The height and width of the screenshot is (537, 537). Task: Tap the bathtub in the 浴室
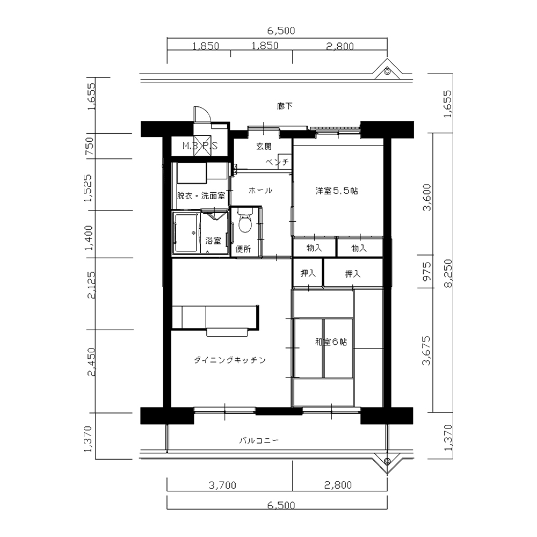click(186, 233)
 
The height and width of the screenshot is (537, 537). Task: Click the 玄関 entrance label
click(264, 147)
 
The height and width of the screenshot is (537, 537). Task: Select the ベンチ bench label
click(277, 162)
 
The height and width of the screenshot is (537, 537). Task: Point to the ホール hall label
click(260, 191)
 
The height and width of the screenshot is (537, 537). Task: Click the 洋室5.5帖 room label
click(337, 191)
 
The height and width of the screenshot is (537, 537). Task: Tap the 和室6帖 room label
click(331, 342)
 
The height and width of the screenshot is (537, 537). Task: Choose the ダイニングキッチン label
click(230, 360)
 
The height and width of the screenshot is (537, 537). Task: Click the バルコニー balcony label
click(259, 440)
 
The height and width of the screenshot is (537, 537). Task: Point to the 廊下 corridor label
click(285, 106)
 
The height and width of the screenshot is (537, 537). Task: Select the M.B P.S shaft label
click(200, 146)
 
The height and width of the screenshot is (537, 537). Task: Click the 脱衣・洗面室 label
click(201, 196)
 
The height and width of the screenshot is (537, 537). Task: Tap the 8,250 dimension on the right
click(448, 273)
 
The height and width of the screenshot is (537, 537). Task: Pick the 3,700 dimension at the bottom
click(223, 485)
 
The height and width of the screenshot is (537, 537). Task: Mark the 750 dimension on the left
click(89, 146)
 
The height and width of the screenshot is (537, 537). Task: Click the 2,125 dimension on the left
click(91, 285)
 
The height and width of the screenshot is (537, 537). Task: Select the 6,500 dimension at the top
click(281, 31)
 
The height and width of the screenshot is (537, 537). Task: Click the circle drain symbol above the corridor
click(387, 71)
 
